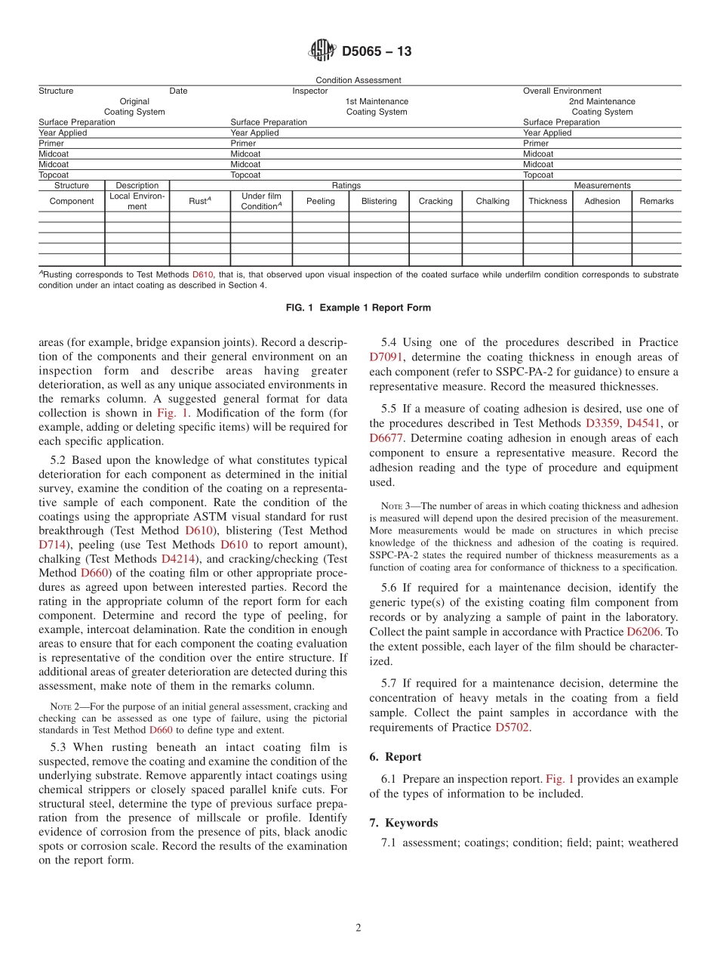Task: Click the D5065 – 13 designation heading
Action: (x=377, y=52)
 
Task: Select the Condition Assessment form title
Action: (x=358, y=80)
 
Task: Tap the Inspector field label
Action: (x=310, y=91)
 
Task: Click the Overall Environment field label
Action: (x=562, y=91)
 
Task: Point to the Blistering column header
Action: (x=378, y=201)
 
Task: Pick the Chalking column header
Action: (x=492, y=201)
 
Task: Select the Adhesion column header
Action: (x=602, y=201)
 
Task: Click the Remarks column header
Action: (x=656, y=201)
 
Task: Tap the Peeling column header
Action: (x=321, y=201)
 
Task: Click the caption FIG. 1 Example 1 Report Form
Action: (x=358, y=307)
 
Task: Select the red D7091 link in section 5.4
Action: (x=386, y=357)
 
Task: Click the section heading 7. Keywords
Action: (x=404, y=823)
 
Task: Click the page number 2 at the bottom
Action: (x=358, y=929)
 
